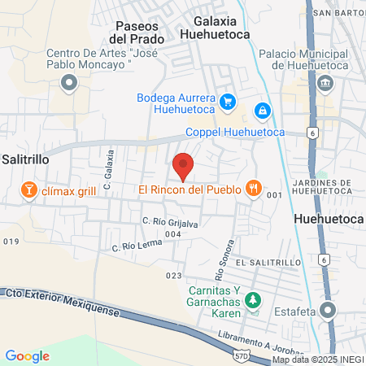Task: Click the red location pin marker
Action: (x=184, y=165)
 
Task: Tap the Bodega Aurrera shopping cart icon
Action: (x=229, y=102)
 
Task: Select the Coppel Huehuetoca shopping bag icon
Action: (x=262, y=110)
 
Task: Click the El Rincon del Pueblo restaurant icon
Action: (x=255, y=190)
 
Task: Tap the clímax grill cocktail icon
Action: (x=29, y=191)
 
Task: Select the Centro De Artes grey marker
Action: (x=69, y=82)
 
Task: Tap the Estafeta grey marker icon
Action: (x=328, y=310)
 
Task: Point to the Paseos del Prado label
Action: (x=136, y=32)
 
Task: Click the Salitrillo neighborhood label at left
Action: (x=26, y=159)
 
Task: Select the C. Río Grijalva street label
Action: (x=171, y=220)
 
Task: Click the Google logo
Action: (x=28, y=355)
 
